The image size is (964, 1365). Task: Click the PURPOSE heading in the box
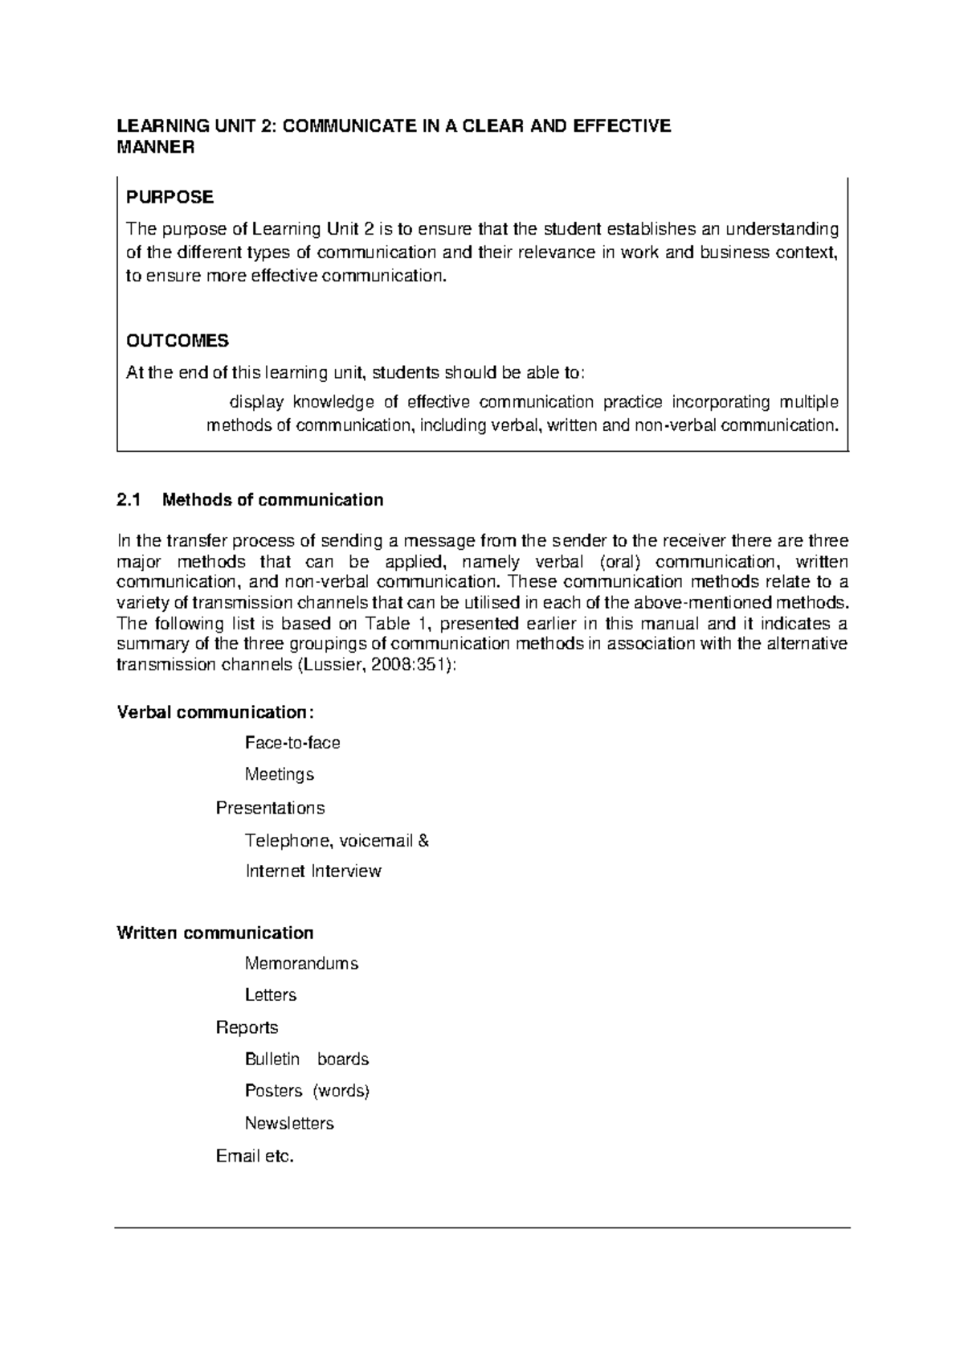(170, 197)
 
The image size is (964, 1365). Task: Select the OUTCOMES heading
(178, 341)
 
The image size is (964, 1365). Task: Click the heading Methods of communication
(272, 500)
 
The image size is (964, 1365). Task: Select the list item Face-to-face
(292, 743)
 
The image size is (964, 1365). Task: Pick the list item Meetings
(279, 775)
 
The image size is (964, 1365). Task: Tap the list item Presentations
(270, 808)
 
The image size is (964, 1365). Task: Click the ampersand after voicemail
(424, 841)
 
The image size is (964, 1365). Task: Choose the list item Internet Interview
(313, 871)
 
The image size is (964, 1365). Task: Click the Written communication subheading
(214, 933)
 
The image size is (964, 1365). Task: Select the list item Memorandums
(301, 963)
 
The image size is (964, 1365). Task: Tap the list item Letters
(271, 995)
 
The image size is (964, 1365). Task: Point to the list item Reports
(247, 1027)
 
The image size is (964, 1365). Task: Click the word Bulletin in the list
(272, 1060)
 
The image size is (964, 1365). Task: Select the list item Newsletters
(289, 1123)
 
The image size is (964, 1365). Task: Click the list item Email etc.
(255, 1157)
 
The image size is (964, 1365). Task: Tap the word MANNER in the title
(155, 147)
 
